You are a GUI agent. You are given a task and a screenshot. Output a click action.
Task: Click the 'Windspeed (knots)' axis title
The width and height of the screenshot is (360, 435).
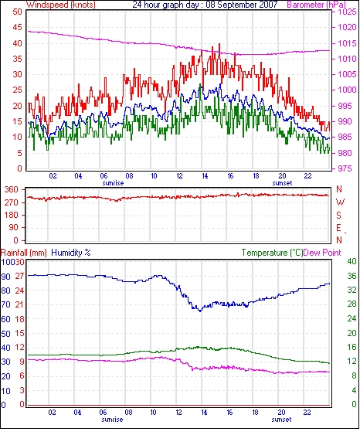[61, 5]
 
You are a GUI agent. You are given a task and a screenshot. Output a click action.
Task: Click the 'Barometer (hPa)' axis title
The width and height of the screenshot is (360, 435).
[317, 5]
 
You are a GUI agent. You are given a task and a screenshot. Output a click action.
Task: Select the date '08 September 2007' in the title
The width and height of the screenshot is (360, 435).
[242, 5]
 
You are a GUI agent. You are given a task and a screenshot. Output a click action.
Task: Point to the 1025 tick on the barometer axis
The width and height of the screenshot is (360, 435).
[347, 12]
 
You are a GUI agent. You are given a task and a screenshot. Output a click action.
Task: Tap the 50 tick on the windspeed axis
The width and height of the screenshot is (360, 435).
[17, 12]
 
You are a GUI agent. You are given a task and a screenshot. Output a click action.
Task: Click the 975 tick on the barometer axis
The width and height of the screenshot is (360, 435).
[345, 168]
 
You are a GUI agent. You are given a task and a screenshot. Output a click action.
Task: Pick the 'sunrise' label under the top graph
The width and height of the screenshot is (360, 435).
[113, 183]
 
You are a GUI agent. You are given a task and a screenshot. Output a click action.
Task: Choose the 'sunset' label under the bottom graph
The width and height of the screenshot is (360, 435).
[281, 420]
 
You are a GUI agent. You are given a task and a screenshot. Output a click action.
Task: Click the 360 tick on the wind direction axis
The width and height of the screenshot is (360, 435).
[11, 190]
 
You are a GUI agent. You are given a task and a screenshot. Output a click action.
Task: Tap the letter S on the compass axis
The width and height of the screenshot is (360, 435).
[338, 216]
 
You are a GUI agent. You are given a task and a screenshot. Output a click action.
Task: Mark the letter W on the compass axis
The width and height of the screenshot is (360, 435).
[340, 202]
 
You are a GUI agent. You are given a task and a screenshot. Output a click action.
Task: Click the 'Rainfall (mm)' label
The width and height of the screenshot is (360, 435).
[24, 253]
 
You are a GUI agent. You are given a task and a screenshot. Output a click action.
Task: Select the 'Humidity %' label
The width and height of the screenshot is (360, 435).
[71, 253]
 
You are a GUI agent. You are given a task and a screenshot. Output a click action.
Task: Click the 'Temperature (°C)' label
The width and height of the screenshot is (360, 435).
[272, 253]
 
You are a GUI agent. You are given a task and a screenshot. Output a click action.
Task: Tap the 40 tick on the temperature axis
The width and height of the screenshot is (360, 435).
[352, 261]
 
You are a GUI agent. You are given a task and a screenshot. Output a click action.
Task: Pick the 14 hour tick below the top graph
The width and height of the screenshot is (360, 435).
[205, 176]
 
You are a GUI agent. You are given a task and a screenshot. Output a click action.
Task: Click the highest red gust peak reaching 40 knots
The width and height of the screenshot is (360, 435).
[219, 44]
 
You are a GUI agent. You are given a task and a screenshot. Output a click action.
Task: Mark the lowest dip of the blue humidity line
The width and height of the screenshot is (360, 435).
[200, 311]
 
